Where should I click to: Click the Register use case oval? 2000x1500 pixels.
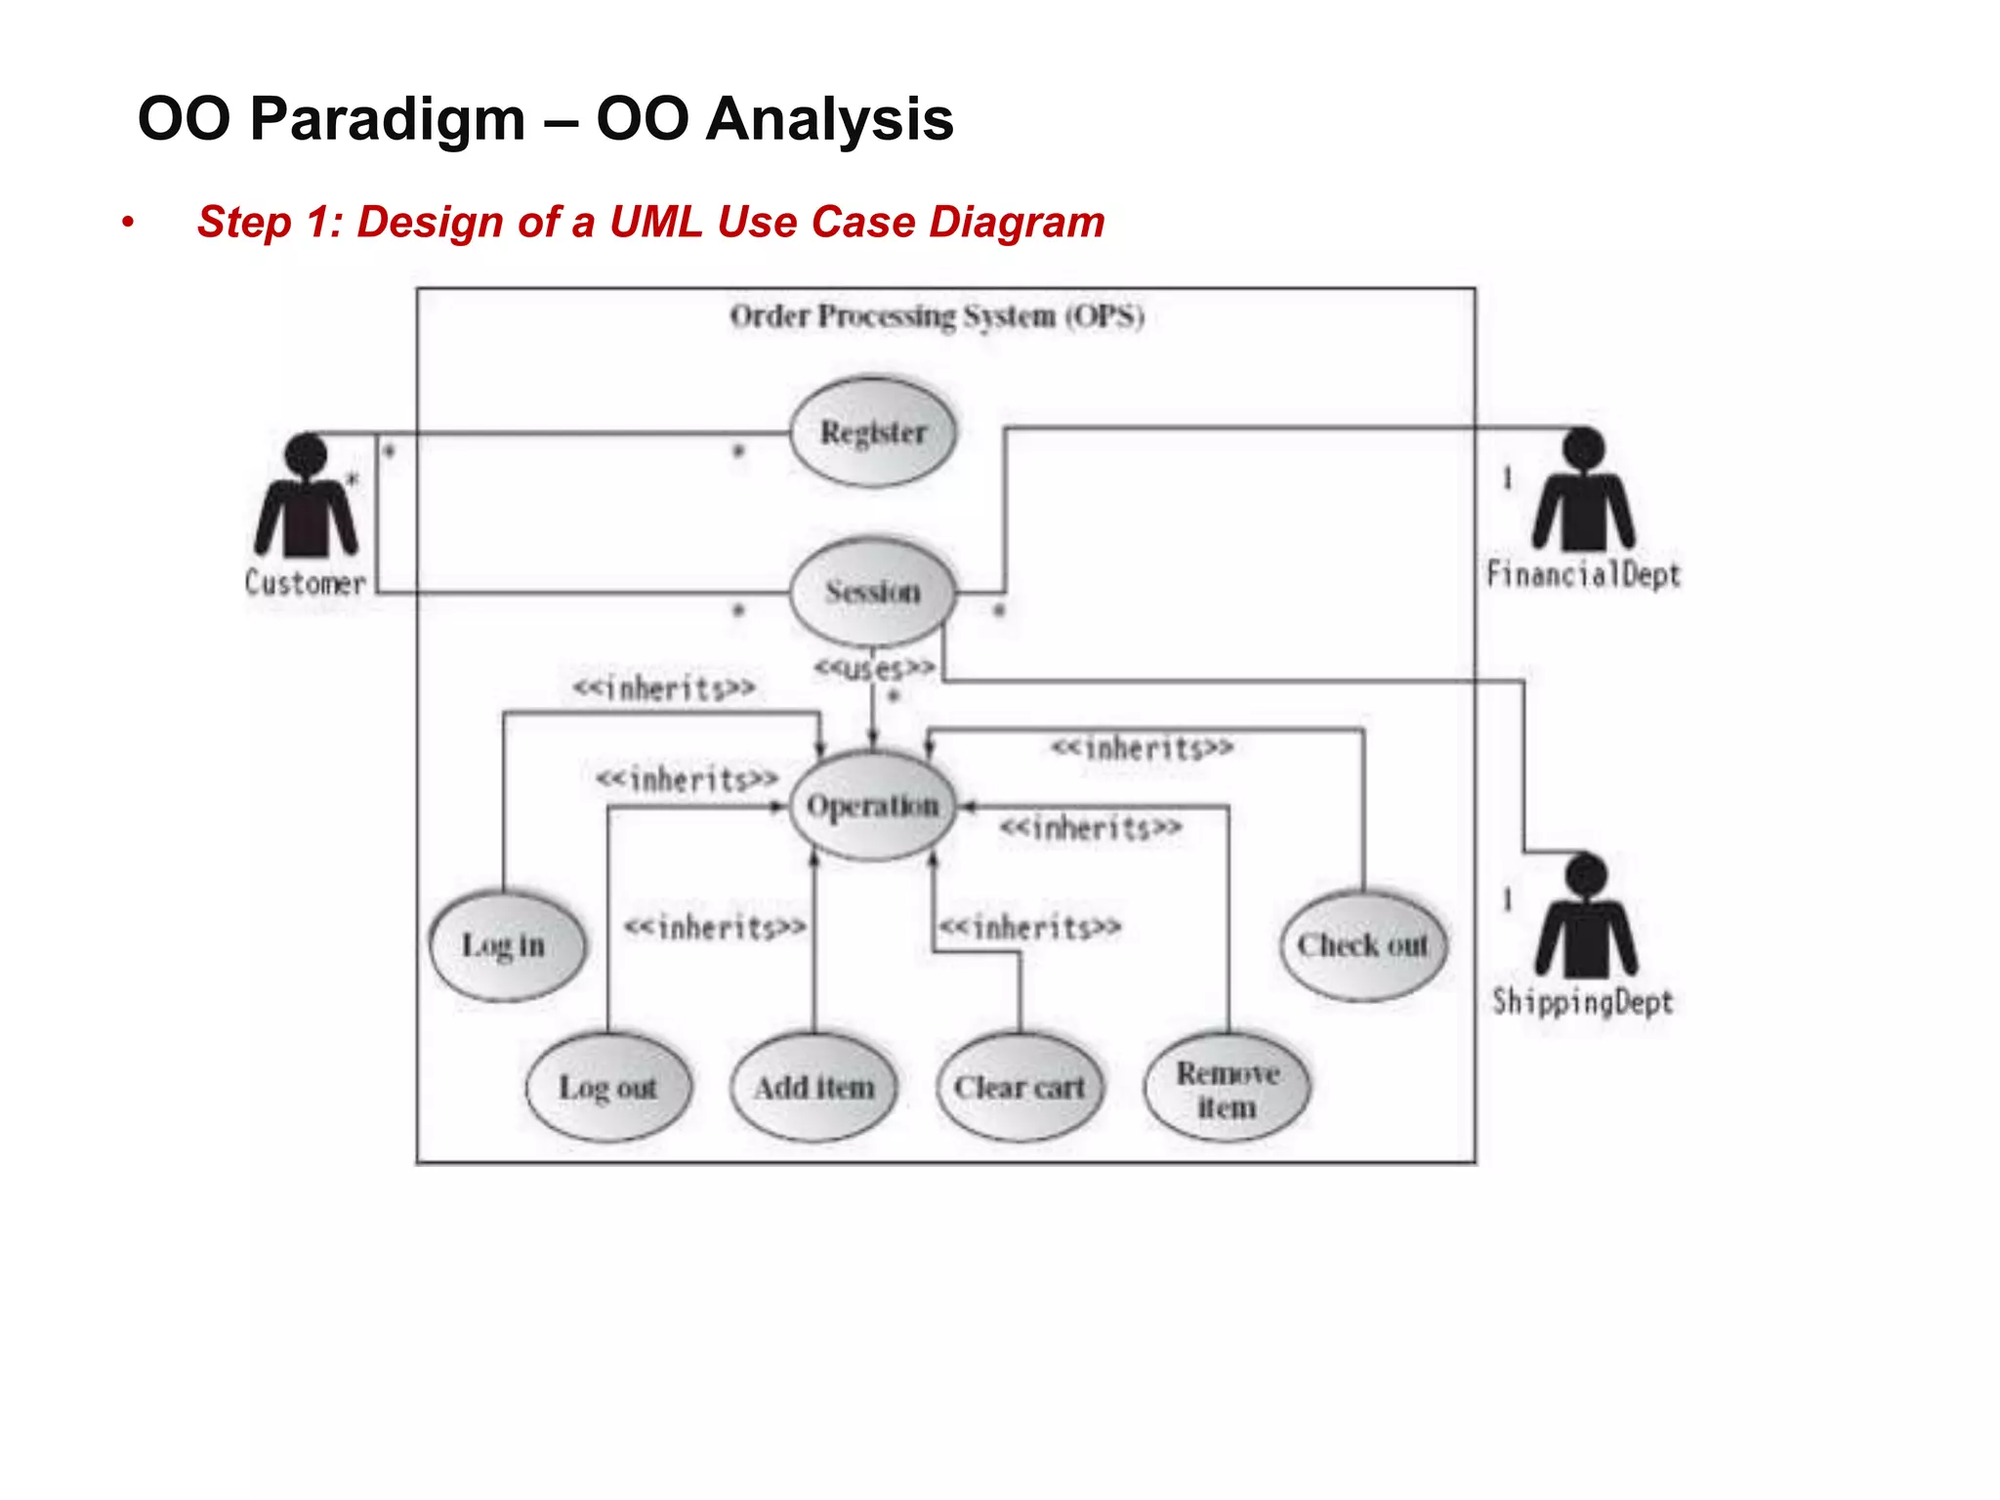(872, 433)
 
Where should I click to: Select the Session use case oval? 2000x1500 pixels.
(872, 592)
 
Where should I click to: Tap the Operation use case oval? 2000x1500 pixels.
(872, 807)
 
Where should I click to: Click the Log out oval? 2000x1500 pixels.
(607, 1087)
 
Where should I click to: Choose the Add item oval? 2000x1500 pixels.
(813, 1087)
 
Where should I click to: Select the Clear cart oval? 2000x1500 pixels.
(1020, 1087)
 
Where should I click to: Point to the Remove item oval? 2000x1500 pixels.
(1227, 1089)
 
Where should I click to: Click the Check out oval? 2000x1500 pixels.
(1362, 945)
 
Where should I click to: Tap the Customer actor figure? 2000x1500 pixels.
(307, 498)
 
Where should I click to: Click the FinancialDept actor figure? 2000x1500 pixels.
(1583, 491)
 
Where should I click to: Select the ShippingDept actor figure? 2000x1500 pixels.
(1585, 918)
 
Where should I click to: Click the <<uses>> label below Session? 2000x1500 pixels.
(875, 669)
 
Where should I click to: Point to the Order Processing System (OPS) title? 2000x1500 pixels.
(937, 316)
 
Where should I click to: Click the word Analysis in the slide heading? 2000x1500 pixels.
(829, 119)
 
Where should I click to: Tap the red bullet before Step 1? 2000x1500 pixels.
(127, 223)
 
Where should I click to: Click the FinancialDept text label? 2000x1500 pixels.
(1583, 574)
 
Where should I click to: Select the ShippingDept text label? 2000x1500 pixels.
(1582, 1002)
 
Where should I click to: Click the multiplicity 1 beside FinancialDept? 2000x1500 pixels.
(1507, 479)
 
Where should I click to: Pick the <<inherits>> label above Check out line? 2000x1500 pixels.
(1142, 749)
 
